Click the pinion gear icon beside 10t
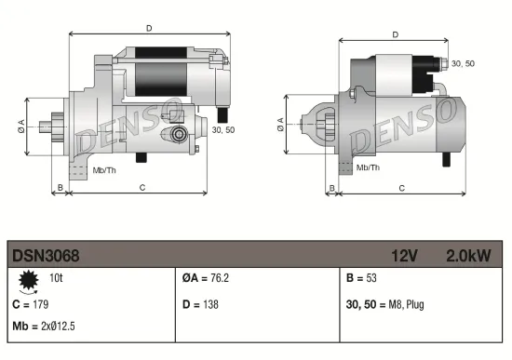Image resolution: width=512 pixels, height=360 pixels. click(x=29, y=278)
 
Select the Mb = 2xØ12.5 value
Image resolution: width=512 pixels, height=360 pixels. click(x=45, y=327)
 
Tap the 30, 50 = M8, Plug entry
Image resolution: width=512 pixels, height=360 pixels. click(x=384, y=303)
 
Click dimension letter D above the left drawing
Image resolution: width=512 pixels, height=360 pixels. click(x=149, y=28)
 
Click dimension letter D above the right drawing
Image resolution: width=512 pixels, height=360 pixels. click(x=396, y=34)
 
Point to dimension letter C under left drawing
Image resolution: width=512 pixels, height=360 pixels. click(x=141, y=187)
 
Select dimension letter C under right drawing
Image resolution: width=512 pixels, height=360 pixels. click(x=400, y=187)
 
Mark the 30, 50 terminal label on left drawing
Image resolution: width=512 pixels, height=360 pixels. click(x=222, y=129)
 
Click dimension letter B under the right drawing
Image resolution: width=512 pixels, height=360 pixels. click(x=331, y=187)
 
